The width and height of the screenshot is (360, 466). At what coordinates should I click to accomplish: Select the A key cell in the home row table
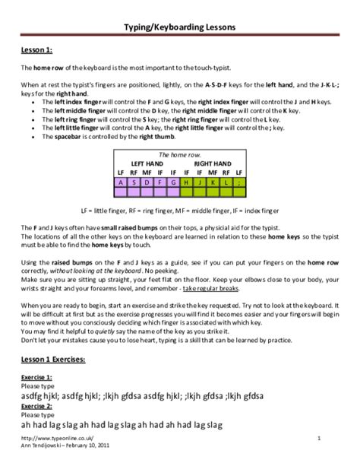click(x=121, y=182)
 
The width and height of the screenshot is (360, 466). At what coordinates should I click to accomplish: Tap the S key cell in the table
click(x=134, y=182)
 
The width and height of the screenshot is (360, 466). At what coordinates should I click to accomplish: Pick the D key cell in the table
click(x=148, y=182)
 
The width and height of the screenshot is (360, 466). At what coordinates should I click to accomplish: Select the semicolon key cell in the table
click(x=239, y=182)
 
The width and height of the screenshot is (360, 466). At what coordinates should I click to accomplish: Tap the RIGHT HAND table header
click(x=213, y=163)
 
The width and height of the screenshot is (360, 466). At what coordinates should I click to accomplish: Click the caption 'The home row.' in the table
click(x=180, y=154)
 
